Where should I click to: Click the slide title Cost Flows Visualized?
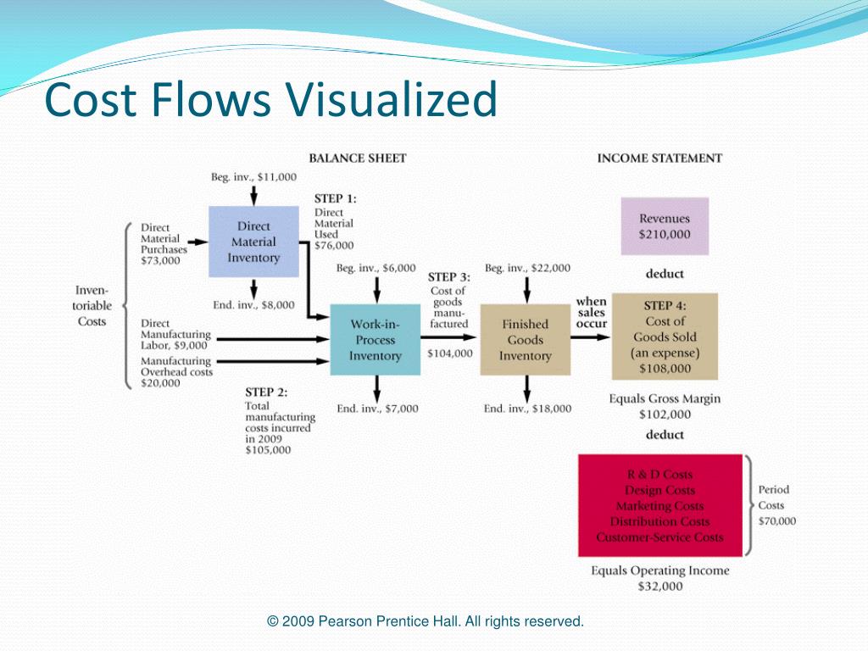pos(270,100)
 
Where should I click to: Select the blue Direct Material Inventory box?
pos(253,242)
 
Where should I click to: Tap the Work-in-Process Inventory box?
pos(375,340)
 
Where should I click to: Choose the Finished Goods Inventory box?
pos(525,340)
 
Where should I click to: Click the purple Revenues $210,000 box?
pos(665,226)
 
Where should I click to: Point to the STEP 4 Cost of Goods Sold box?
pos(665,337)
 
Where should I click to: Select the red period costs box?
pos(659,505)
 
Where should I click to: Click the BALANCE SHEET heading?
pos(357,158)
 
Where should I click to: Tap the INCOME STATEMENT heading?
pos(659,158)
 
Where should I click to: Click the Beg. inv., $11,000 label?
pos(253,176)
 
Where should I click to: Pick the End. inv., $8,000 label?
pos(253,304)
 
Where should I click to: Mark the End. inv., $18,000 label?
pos(527,409)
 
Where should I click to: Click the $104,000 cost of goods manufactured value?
pos(450,353)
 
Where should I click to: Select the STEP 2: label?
pos(266,392)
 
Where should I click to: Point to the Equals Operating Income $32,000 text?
pos(659,578)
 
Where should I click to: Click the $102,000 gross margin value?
pos(665,415)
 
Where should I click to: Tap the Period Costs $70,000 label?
pos(776,505)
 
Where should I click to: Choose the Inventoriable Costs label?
pos(92,306)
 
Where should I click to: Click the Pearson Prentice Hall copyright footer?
pos(426,621)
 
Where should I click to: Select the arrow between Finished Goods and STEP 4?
pos(590,337)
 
